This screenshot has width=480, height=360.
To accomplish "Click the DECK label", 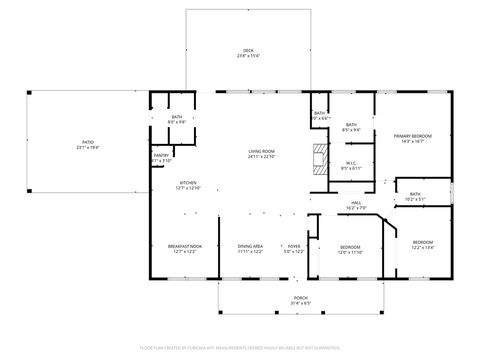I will [248, 51].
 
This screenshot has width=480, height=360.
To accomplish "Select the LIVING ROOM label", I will [262, 151].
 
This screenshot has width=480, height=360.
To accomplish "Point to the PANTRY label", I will [161, 155].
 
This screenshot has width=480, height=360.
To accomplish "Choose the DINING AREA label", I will [250, 246].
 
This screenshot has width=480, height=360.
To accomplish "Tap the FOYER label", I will [294, 246].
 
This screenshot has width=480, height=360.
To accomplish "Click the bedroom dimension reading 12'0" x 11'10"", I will [350, 251].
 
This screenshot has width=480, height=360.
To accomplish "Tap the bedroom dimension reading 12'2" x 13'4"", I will [423, 246].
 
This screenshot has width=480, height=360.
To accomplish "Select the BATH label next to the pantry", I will [177, 118].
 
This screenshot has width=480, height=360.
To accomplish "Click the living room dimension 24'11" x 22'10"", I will [262, 157].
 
